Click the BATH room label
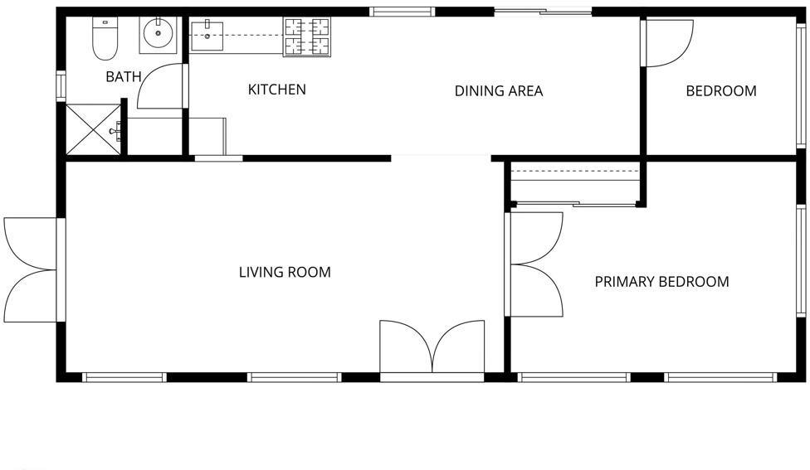pyautogui.click(x=124, y=77)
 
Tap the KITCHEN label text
pyautogui.click(x=277, y=90)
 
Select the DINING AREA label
pyautogui.click(x=499, y=91)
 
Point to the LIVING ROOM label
pyautogui.click(x=285, y=272)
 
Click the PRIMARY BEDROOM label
pyautogui.click(x=661, y=282)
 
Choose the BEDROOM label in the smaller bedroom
pyautogui.click(x=721, y=91)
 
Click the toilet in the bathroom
pyautogui.click(x=105, y=37)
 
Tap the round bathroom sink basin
pyautogui.click(x=158, y=33)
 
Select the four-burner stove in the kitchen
pyautogui.click(x=307, y=36)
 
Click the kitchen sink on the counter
pyautogui.click(x=207, y=36)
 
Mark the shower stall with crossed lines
pyautogui.click(x=93, y=129)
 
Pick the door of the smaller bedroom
pyautogui.click(x=669, y=43)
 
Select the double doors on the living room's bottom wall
pyautogui.click(x=432, y=346)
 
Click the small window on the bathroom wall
pyautogui.click(x=61, y=85)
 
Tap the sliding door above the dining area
pyautogui.click(x=543, y=12)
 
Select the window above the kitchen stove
pyautogui.click(x=403, y=12)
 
